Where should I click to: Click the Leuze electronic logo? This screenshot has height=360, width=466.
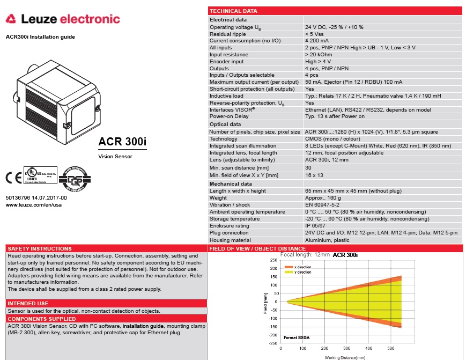click(63, 20)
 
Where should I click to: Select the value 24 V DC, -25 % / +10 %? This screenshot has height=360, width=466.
click(334, 27)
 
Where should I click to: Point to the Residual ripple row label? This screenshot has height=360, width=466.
click(227, 34)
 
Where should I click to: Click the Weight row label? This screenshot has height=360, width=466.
click(218, 198)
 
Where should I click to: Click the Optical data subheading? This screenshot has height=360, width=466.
click(225, 124)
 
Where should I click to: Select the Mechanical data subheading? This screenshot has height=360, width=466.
click(231, 184)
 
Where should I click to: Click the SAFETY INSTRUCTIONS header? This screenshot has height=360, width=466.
click(40, 249)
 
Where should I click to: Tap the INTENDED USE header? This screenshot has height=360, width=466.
click(28, 304)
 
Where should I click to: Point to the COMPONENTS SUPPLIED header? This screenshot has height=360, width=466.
click(41, 319)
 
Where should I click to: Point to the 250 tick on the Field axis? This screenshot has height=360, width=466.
click(273, 260)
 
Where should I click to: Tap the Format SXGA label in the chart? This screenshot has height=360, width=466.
click(297, 337)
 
